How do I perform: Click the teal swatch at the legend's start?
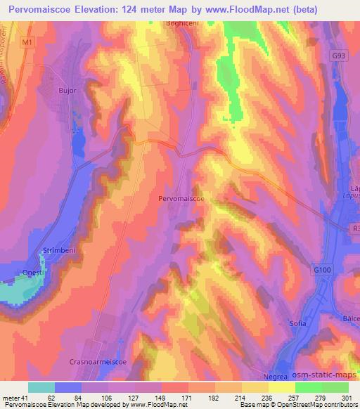click(x=41, y=387)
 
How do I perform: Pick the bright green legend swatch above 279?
click(x=309, y=387)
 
